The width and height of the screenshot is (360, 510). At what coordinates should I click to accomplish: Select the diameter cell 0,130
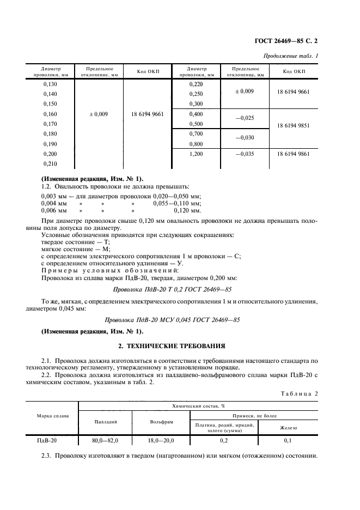[50, 84]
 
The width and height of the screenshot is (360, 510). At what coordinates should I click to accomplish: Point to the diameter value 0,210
[50, 164]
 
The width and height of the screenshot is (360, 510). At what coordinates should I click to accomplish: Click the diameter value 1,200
[196, 154]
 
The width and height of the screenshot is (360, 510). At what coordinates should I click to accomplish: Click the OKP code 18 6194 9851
[294, 125]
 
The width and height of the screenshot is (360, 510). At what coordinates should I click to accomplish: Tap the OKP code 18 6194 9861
[294, 154]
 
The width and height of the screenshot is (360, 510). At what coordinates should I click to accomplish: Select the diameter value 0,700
[196, 133]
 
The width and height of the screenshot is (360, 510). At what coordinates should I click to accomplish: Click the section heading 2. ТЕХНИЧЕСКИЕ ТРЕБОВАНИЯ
[180, 346]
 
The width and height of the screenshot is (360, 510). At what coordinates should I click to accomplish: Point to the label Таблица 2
[298, 393]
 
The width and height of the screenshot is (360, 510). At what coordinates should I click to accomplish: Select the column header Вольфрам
[161, 422]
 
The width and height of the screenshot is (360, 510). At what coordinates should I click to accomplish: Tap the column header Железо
[288, 428]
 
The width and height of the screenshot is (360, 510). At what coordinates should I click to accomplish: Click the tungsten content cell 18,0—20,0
[161, 440]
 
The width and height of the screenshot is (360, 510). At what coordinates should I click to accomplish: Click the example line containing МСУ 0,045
[180, 320]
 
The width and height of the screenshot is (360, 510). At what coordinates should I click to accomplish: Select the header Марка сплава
[52, 416]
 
